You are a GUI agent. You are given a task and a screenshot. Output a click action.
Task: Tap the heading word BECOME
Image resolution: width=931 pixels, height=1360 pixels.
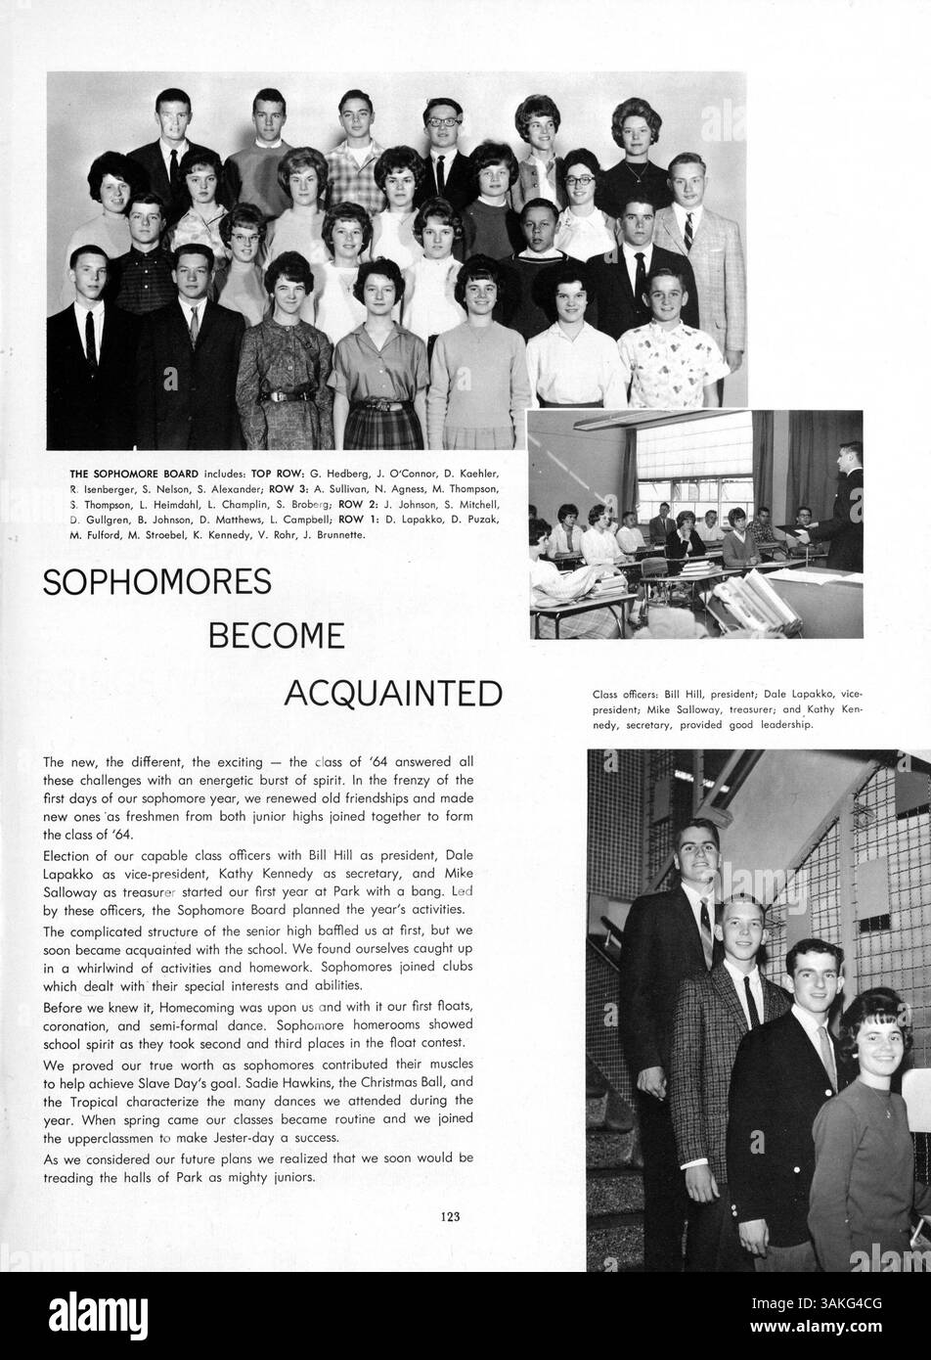tap(277, 637)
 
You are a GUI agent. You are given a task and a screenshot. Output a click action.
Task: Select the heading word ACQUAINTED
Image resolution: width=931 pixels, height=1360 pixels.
tap(392, 693)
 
